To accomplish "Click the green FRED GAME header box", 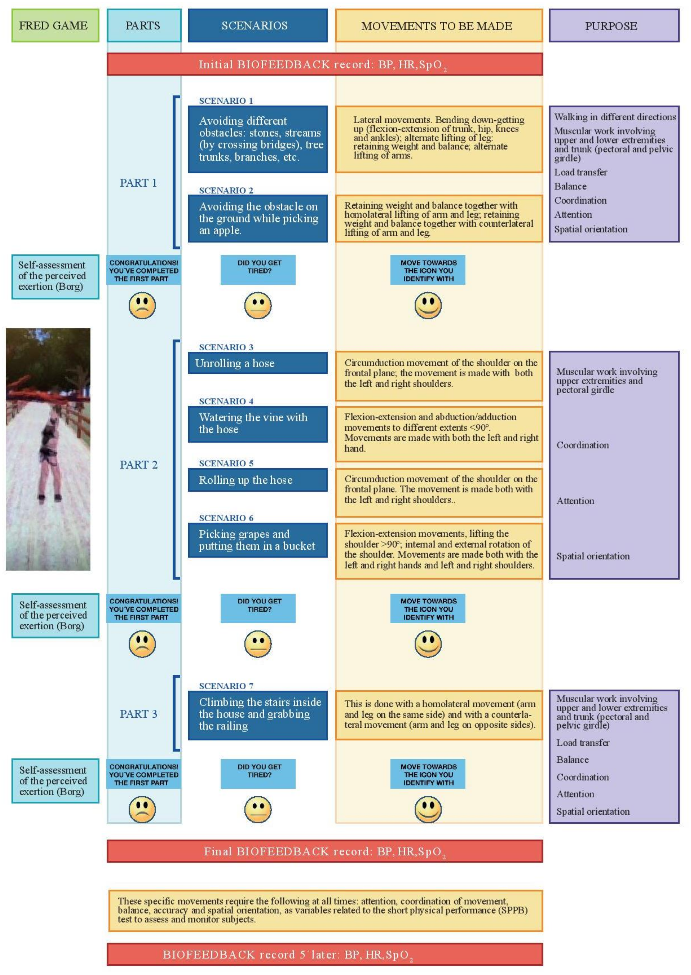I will [x=55, y=25].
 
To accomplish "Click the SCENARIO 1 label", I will [x=226, y=101].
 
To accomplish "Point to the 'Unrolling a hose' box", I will [x=257, y=363].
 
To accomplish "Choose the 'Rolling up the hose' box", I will [x=257, y=480].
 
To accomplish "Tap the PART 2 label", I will [x=138, y=465].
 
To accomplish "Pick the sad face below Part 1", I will [x=142, y=306].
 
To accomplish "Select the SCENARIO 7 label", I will [x=226, y=686].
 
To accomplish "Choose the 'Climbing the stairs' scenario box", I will [x=257, y=715].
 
